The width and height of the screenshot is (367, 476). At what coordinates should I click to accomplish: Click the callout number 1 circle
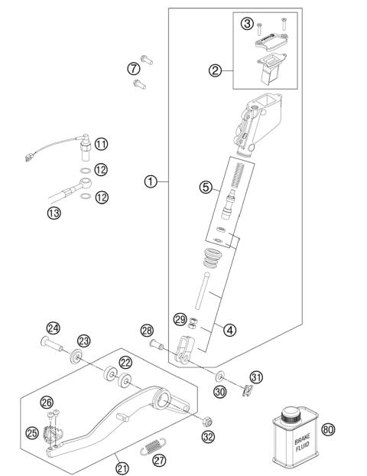click(151, 181)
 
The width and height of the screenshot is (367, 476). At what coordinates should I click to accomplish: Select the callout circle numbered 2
click(216, 72)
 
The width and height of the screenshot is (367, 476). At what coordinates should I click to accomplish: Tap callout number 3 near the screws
click(247, 24)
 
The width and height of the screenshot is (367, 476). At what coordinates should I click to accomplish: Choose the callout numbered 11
click(101, 143)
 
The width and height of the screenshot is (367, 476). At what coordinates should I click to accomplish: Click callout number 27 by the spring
click(159, 460)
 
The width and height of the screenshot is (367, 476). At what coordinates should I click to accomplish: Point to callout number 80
click(329, 430)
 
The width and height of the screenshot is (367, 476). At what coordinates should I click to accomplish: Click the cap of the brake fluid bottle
click(292, 414)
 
